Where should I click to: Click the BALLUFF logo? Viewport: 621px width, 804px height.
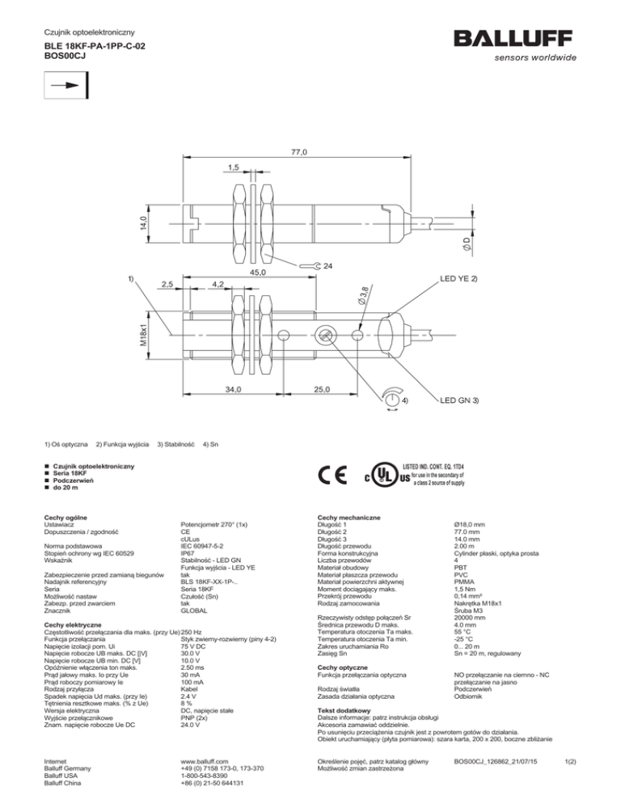(514, 39)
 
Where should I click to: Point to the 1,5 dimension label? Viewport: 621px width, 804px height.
(232, 167)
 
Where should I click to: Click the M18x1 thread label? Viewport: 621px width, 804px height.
(142, 333)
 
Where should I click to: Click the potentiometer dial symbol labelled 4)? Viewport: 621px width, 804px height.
(391, 400)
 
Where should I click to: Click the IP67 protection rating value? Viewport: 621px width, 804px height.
(189, 556)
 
